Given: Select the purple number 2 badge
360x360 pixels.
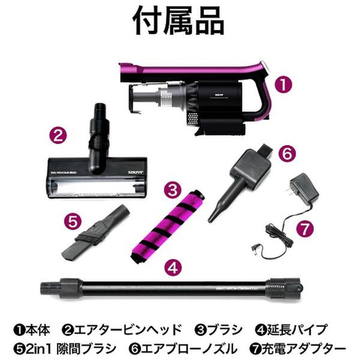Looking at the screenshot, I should pos(58,134).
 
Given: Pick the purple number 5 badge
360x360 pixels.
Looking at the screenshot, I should pos(73,220).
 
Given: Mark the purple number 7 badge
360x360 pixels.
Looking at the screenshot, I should pos(305,228).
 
